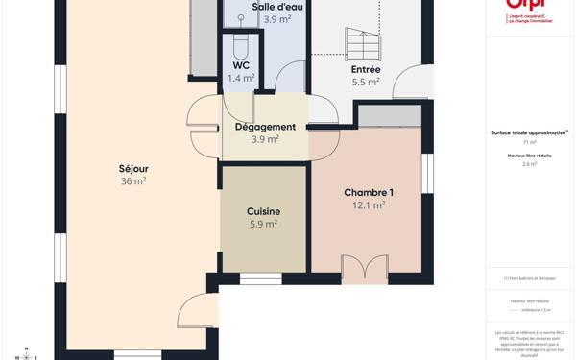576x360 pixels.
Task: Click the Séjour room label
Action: tap(133, 169)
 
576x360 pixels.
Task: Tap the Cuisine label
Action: tap(263, 211)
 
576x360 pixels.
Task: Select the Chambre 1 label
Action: tap(369, 193)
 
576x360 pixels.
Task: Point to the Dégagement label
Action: tap(265, 127)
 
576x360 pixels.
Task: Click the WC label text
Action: tap(241, 65)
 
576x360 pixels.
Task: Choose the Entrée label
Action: tap(366, 69)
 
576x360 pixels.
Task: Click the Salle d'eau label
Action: tap(277, 7)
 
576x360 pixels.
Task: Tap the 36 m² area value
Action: tap(133, 181)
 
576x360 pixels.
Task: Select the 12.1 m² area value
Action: tap(369, 205)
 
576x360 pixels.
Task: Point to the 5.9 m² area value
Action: tap(263, 224)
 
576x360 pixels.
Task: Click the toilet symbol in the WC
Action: tap(241, 45)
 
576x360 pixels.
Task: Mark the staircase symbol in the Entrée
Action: tap(363, 43)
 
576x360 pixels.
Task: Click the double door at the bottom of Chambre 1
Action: tap(364, 269)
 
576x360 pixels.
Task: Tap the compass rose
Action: tap(26, 355)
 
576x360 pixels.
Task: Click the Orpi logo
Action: tap(529, 8)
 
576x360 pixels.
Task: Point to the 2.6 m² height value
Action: tap(529, 164)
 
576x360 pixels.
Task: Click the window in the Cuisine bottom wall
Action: tap(260, 278)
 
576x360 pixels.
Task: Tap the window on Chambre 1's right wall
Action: tap(428, 173)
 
